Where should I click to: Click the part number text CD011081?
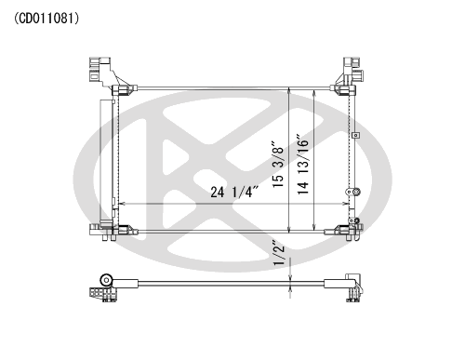pyautogui.click(x=46, y=19)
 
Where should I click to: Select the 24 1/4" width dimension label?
pyautogui.click(x=234, y=192)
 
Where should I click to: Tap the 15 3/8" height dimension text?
pyautogui.click(x=278, y=165)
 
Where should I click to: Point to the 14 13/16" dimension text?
pyautogui.click(x=303, y=165)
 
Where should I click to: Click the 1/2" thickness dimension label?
pyautogui.click(x=279, y=253)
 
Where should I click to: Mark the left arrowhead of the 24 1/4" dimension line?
pyautogui.click(x=122, y=204)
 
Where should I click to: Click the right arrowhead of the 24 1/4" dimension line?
pyautogui.click(x=345, y=204)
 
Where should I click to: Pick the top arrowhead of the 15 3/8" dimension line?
pyautogui.click(x=289, y=90)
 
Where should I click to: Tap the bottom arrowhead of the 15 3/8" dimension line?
pyautogui.click(x=289, y=229)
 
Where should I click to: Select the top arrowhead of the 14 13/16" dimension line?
pyautogui.click(x=314, y=93)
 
